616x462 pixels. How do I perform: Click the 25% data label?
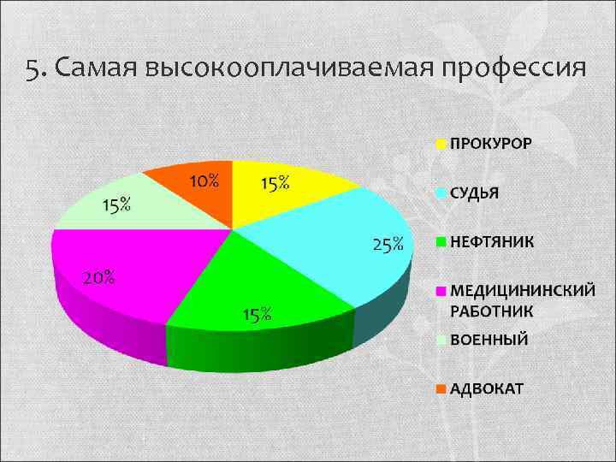(388, 246)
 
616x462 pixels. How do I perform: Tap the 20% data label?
(98, 277)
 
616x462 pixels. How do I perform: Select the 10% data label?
(204, 181)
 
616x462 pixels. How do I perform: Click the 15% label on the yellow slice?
(275, 183)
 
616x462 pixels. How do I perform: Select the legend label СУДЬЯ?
(474, 192)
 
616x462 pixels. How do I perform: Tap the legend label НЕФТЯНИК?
(492, 241)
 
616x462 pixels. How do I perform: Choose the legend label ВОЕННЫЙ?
(489, 340)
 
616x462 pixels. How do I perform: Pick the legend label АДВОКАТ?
(487, 388)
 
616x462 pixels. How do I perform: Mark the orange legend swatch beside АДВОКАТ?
(441, 388)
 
